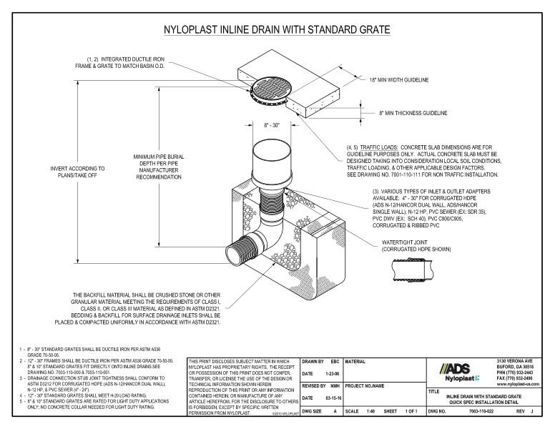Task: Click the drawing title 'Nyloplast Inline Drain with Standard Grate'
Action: click(x=277, y=30)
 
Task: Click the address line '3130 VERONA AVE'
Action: click(x=520, y=360)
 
